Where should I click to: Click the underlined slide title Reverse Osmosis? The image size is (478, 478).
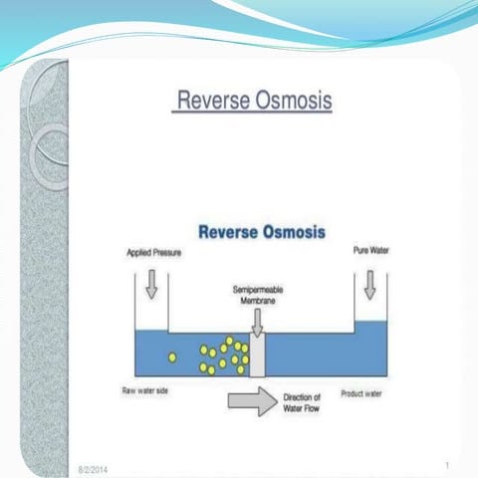coord(254,102)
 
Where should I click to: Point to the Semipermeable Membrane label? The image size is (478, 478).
coord(258,294)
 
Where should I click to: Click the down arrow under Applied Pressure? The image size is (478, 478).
coord(152,286)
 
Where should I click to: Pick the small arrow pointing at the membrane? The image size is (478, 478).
coord(258,322)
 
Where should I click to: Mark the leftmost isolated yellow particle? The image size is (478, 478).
coord(172,357)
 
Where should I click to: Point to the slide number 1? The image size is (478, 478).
coord(447,464)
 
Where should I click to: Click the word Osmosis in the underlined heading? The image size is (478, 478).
coord(293,102)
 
